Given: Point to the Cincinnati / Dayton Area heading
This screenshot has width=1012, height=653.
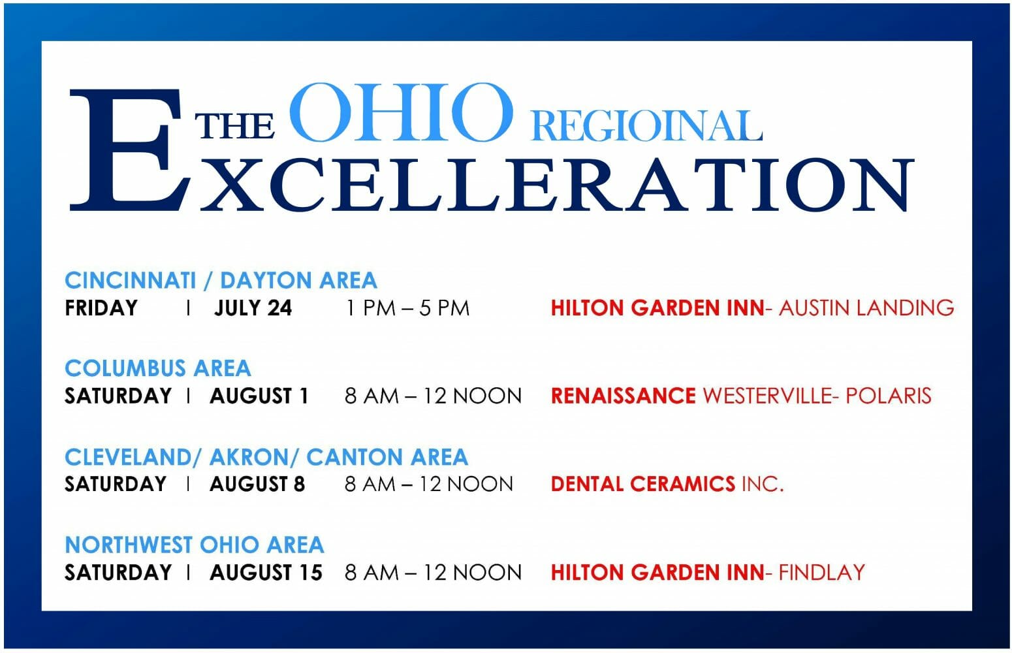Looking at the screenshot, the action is tap(221, 280).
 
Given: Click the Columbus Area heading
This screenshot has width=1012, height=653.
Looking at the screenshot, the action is tap(157, 368).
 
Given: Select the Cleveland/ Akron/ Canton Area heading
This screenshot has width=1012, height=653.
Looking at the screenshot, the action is tap(266, 457).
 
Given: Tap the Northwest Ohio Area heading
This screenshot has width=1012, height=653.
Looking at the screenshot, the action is tap(195, 545).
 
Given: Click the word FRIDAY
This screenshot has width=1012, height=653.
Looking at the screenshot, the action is tap(101, 308).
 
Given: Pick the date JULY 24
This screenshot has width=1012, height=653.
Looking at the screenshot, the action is tap(253, 308).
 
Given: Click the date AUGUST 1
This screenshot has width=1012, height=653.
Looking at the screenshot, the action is tap(259, 396).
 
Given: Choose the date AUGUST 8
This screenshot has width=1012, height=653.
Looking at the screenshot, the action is tap(257, 484).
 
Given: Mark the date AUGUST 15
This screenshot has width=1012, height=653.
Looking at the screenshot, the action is tap(266, 573).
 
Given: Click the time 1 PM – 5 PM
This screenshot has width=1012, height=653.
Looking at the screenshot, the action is tap(407, 308).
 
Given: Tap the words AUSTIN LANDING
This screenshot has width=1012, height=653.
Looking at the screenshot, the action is tap(866, 308).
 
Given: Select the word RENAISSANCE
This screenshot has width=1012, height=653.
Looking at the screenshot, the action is tap(624, 396).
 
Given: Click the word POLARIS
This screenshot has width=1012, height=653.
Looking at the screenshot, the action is tap(888, 396).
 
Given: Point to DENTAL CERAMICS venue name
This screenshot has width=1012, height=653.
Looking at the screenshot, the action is tap(643, 484).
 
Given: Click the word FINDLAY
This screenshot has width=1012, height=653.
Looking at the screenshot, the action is tap(822, 573).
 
